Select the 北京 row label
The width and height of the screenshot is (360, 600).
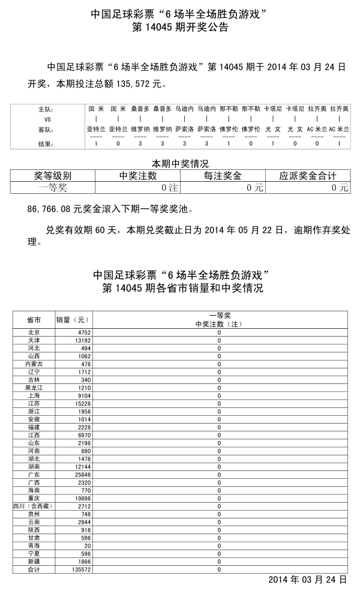tap(34, 332)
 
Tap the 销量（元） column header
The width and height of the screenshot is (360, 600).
tap(72, 319)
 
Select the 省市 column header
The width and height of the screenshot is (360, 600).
tap(34, 319)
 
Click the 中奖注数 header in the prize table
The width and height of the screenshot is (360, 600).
tap(138, 176)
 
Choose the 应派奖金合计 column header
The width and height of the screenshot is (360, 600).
tap(307, 176)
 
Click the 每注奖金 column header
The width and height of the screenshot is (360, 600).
tap(223, 176)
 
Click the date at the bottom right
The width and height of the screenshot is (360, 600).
tap(307, 580)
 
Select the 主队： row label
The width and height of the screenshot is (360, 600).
tap(46, 110)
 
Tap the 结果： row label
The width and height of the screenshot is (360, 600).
tap(46, 144)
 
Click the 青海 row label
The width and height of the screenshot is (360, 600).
tap(34, 545)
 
